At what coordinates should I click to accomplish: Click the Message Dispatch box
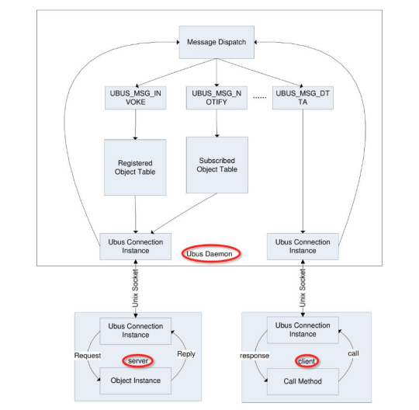tap(216, 42)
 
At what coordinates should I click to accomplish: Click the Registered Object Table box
tap(135, 167)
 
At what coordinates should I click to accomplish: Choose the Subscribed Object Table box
tap(216, 165)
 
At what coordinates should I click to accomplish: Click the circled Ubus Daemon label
tap(211, 254)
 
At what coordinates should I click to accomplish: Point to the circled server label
tap(137, 360)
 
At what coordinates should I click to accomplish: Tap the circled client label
tap(306, 360)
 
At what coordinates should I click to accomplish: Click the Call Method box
tap(306, 380)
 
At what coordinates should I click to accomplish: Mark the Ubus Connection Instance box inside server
tap(135, 331)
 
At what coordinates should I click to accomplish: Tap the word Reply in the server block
tap(186, 354)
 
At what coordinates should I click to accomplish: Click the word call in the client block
tap(353, 354)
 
